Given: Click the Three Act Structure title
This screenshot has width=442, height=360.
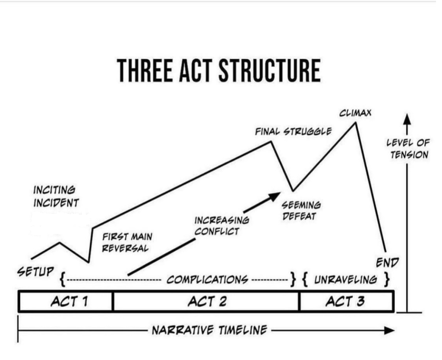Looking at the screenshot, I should [219, 71].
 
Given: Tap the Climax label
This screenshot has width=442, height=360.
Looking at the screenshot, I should [355, 114].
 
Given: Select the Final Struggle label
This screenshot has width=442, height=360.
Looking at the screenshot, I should [293, 131].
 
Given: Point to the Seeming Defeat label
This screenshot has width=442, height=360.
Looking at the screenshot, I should [301, 210].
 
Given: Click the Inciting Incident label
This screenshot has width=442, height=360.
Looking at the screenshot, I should [56, 196].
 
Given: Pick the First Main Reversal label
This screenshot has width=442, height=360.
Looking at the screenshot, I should [127, 243].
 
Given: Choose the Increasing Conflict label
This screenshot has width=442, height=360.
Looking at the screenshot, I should [221, 226].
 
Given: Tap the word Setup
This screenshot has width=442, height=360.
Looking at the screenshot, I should [36, 272].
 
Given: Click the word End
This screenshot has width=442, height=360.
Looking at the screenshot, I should [387, 262].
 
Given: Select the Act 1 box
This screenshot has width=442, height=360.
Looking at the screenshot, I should [66, 301].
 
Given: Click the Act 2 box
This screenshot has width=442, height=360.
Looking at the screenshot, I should [206, 301].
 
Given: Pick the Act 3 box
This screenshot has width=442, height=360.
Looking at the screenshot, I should [346, 301].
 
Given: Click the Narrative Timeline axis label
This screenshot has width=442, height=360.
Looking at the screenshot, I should [209, 331].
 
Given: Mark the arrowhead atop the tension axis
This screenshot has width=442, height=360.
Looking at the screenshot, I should [406, 118].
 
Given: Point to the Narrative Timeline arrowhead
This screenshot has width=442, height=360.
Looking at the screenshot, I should [390, 331].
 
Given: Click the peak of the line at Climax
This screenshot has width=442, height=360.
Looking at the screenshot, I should [355, 123].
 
